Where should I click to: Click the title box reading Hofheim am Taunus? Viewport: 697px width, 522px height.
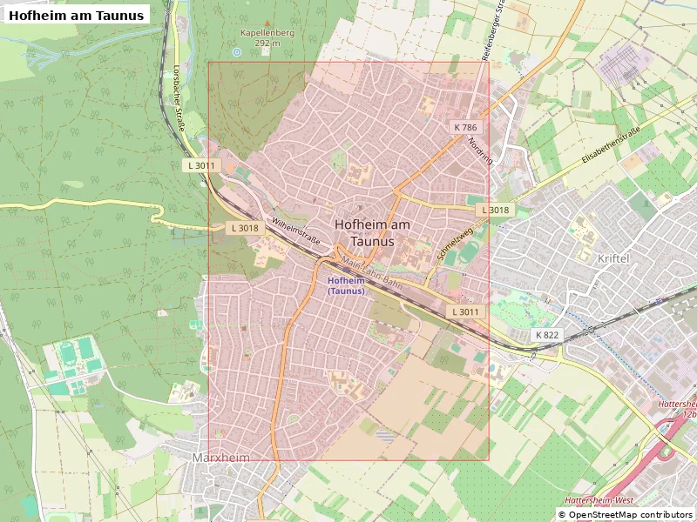click(x=76, y=14)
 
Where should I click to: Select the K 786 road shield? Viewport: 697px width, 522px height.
click(x=465, y=127)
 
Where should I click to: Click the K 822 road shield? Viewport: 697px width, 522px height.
click(x=547, y=335)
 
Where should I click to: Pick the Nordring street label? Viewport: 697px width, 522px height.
click(x=480, y=151)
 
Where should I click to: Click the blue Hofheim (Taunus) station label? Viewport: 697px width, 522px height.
click(x=346, y=285)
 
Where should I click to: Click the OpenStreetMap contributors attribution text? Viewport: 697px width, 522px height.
click(x=626, y=515)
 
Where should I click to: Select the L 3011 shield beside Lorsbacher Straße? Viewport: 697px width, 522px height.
click(x=200, y=165)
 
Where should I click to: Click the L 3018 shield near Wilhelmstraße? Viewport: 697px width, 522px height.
click(x=243, y=228)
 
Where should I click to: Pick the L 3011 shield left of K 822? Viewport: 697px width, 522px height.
click(x=464, y=311)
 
